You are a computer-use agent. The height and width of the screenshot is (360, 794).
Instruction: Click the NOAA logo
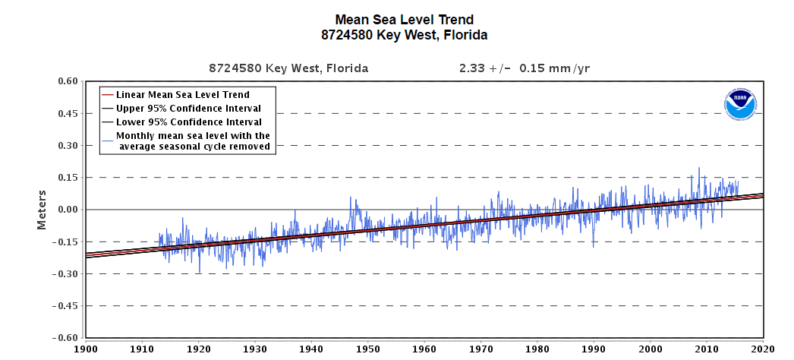click(x=740, y=105)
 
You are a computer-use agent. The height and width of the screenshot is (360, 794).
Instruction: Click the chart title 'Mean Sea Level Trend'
click(x=404, y=20)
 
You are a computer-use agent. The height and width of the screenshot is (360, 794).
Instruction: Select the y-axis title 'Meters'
click(x=42, y=210)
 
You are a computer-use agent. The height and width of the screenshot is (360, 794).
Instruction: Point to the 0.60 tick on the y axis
click(x=67, y=81)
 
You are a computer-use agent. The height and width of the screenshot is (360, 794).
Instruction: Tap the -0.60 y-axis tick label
click(x=65, y=338)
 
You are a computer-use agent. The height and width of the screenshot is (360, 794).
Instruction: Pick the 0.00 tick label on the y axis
click(x=67, y=210)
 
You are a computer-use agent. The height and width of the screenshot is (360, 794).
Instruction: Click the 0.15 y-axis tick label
click(x=67, y=178)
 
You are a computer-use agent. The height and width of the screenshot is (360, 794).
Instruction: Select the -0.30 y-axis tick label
click(x=65, y=274)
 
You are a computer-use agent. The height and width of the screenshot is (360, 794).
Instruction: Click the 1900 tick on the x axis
click(x=86, y=349)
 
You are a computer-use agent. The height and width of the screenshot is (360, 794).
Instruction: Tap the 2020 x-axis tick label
click(x=763, y=349)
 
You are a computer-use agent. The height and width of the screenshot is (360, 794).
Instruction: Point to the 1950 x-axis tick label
click(x=368, y=349)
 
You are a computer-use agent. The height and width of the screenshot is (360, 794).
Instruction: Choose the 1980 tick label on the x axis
click(x=537, y=349)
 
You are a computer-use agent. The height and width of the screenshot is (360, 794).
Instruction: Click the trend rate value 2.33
click(x=469, y=68)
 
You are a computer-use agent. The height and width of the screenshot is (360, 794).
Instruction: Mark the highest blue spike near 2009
click(x=699, y=168)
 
